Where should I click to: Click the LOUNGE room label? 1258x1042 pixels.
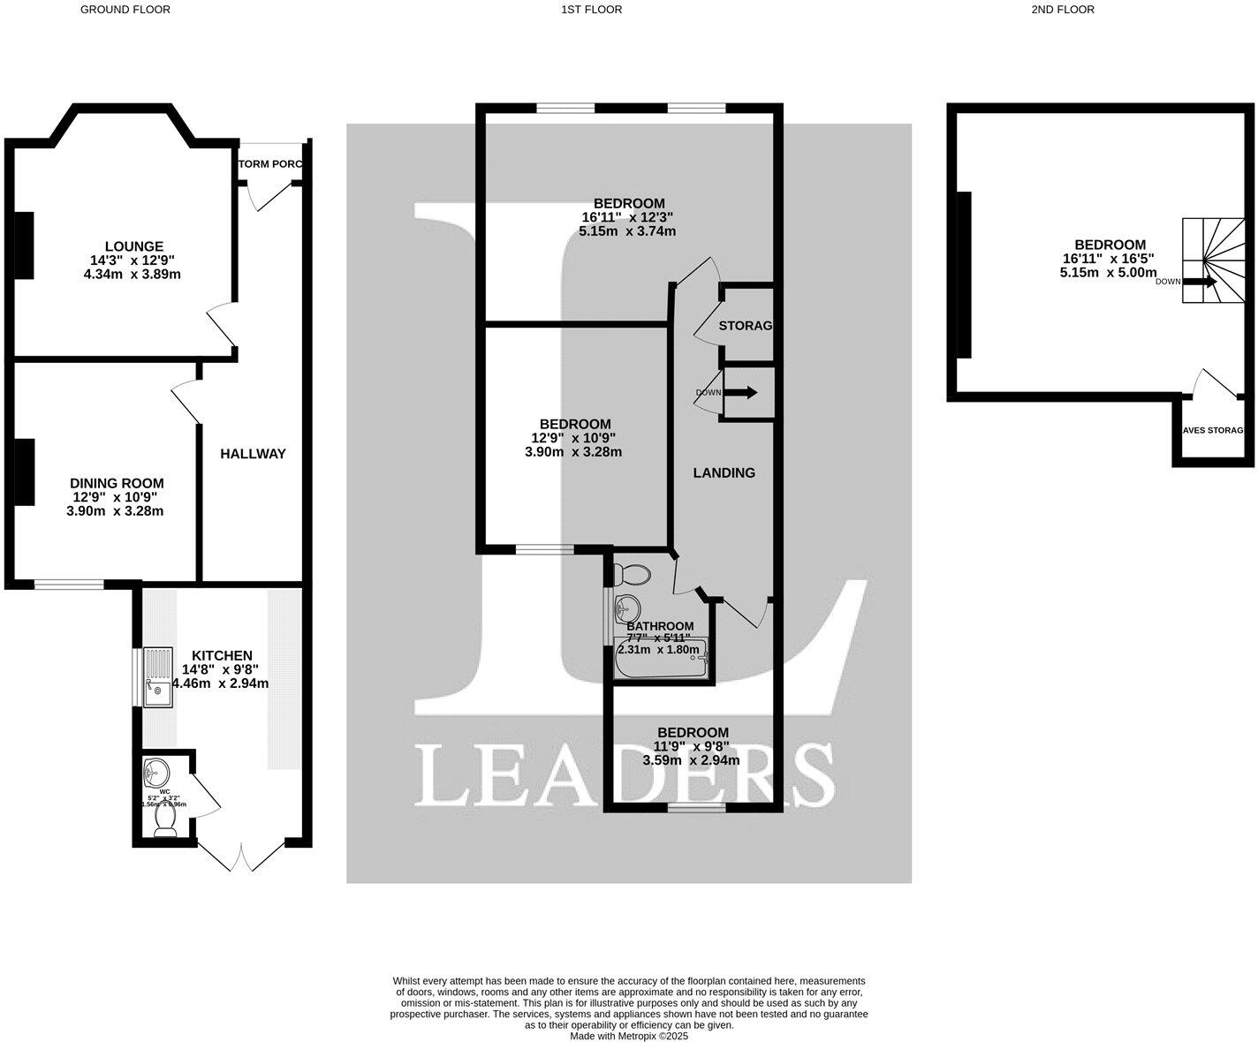pyautogui.click(x=133, y=246)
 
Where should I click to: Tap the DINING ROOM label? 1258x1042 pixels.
pyautogui.click(x=117, y=483)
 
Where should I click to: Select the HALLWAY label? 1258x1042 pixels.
pyautogui.click(x=253, y=454)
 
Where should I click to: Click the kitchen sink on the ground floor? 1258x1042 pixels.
pyautogui.click(x=159, y=677)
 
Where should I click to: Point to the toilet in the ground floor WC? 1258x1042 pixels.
pyautogui.click(x=165, y=823)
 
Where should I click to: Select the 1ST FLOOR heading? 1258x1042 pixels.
pyautogui.click(x=591, y=10)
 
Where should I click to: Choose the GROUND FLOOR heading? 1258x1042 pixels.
pyautogui.click(x=125, y=10)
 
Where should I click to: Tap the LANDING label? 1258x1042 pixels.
pyautogui.click(x=724, y=473)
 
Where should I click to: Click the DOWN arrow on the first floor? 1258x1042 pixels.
pyautogui.click(x=740, y=393)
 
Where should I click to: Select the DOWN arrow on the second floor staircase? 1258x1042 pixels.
pyautogui.click(x=1200, y=282)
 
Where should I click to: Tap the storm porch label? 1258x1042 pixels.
pyautogui.click(x=271, y=164)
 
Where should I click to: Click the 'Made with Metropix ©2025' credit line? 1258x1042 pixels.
pyautogui.click(x=628, y=1037)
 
